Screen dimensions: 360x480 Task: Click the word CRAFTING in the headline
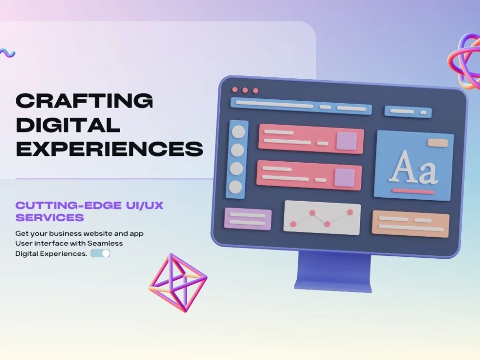84,101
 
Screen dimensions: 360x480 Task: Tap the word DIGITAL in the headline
68,125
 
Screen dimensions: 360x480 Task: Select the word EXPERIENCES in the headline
109,149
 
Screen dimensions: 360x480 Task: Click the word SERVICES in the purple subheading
50,217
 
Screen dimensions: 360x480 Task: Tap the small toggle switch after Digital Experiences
101,253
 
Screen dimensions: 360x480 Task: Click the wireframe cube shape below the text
178,283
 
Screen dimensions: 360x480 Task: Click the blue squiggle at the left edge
7,53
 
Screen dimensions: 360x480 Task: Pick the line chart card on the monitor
322,217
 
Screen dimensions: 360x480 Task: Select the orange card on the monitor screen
410,224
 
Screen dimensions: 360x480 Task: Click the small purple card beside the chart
248,219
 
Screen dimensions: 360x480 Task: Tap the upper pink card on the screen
311,140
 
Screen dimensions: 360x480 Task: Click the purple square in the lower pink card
345,177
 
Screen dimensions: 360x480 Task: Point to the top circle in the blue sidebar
238,132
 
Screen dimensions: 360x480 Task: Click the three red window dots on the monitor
245,90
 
